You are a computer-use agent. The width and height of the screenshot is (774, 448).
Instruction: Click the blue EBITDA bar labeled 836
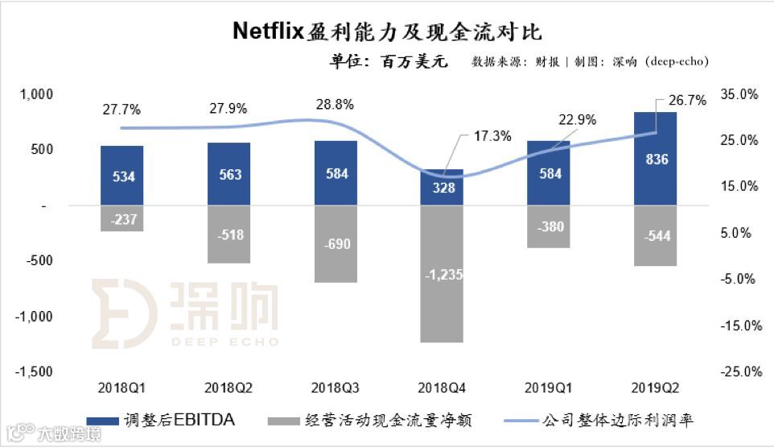pos(656,159)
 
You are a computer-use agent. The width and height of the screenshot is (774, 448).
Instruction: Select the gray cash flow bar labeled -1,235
pos(443,274)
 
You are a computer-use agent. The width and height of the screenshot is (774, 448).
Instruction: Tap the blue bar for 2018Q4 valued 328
pos(443,188)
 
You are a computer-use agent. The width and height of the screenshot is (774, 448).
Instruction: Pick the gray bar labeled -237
pos(122,218)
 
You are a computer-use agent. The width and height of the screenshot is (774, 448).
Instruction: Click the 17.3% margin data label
pos(493,136)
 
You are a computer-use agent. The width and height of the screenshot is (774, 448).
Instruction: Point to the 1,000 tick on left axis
pos(36,94)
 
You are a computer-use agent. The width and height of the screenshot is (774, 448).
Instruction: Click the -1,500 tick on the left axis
pos(35,372)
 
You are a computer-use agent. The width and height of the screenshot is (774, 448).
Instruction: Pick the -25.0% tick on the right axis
pos(739,372)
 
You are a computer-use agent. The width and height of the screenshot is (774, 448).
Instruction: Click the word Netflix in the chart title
pos(268,31)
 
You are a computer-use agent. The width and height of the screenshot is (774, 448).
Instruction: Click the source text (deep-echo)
pos(677,62)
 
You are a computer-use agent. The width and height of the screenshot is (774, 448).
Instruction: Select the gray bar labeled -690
pos(336,244)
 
